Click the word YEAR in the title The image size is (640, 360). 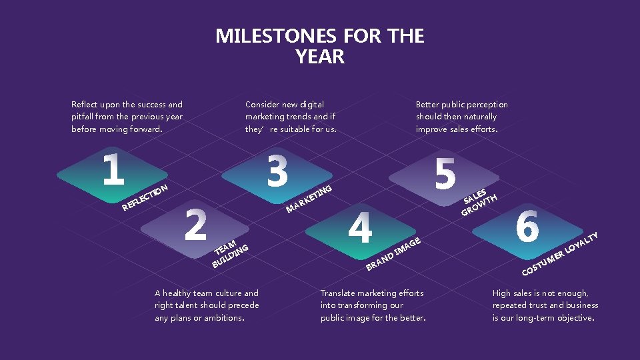click(320, 57)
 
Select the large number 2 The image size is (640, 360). click(195, 225)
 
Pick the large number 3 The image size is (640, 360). click(277, 170)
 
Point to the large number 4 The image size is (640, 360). click(360, 227)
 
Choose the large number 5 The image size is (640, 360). click(445, 172)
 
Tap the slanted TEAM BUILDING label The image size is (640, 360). click(229, 254)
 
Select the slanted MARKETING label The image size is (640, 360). click(309, 199)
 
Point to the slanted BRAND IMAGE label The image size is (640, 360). click(394, 255)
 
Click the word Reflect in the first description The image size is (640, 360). click(85, 104)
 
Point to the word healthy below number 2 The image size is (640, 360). click(179, 293)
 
